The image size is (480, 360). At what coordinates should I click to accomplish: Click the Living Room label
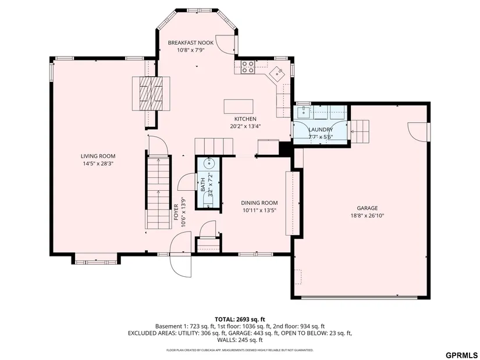click(98, 156)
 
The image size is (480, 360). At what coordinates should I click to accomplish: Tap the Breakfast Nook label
click(186, 43)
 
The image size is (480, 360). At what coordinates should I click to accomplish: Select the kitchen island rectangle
click(239, 106)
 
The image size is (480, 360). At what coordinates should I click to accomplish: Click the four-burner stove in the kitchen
click(247, 67)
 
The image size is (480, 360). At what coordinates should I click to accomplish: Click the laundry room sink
click(303, 112)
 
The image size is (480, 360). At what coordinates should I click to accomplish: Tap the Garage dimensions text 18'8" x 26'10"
click(367, 216)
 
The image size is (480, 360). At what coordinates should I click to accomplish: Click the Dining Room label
click(259, 202)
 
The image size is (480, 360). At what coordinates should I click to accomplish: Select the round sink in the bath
click(209, 163)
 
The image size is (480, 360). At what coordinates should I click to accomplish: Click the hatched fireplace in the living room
click(151, 93)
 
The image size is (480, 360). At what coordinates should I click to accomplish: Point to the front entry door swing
click(180, 255)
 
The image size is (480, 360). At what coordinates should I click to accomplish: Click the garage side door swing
click(418, 132)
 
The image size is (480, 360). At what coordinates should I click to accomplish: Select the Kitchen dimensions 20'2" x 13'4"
click(246, 126)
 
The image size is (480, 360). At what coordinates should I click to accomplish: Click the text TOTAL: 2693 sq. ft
click(240, 320)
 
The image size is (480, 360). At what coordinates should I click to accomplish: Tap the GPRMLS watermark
click(461, 355)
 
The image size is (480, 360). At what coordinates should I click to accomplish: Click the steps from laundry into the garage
click(360, 132)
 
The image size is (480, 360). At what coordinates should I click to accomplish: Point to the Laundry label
click(321, 130)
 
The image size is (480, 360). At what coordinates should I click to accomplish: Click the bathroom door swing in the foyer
click(187, 182)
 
